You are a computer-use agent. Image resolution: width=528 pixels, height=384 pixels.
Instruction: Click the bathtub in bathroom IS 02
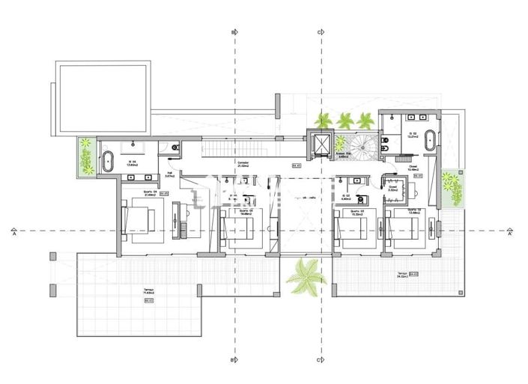(x=432, y=140)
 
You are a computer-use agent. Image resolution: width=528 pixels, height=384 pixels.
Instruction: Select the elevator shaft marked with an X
(x=320, y=144)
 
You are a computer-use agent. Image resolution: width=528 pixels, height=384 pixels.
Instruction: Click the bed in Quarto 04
(x=138, y=222)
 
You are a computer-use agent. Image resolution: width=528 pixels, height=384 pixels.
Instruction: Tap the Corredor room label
(x=243, y=164)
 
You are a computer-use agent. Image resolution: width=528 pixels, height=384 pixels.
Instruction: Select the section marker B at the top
(x=234, y=32)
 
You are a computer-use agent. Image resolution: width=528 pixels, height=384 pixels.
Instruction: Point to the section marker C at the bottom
(x=320, y=360)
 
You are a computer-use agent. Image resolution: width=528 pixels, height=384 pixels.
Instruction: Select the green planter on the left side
(x=85, y=156)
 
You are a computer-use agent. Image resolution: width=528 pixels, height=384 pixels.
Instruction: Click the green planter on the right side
(x=450, y=188)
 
